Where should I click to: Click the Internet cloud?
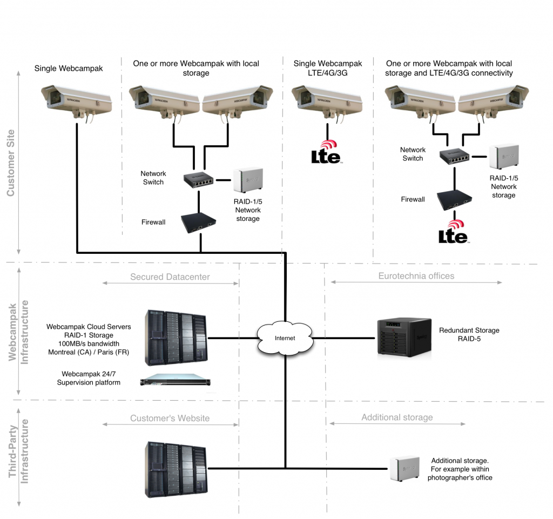[x=285, y=338]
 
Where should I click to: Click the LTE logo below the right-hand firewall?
[x=454, y=232]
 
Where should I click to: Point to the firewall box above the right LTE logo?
[x=454, y=200]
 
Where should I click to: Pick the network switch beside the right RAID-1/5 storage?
[x=454, y=156]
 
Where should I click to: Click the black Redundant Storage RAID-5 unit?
[x=404, y=336]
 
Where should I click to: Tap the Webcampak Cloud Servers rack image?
[x=176, y=338]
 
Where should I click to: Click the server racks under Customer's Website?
[x=176, y=469]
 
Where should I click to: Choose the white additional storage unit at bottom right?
[x=405, y=469]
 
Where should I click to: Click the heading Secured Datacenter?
[x=170, y=277]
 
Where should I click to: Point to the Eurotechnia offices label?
[x=416, y=276]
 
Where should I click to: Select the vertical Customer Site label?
[x=11, y=163]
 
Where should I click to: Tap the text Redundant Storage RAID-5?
[x=469, y=334]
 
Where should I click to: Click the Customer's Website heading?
[x=170, y=418]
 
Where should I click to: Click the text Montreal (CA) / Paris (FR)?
[x=89, y=352]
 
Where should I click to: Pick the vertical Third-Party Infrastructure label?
[x=18, y=451]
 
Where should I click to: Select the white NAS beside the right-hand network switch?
[x=504, y=157]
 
